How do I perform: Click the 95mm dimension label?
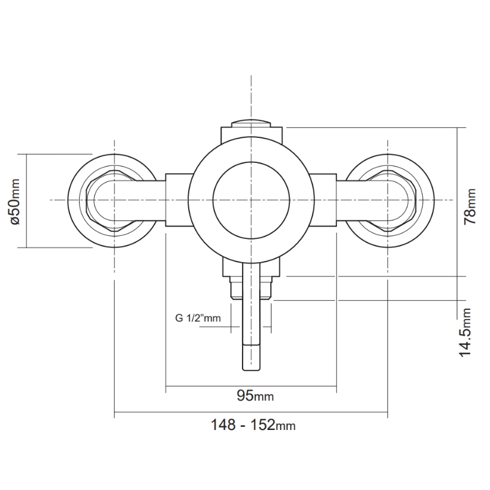255,396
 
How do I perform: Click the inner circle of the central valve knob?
251,200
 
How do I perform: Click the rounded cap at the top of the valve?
251,122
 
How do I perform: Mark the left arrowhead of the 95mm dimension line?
168,386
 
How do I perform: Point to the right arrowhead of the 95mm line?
334,386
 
